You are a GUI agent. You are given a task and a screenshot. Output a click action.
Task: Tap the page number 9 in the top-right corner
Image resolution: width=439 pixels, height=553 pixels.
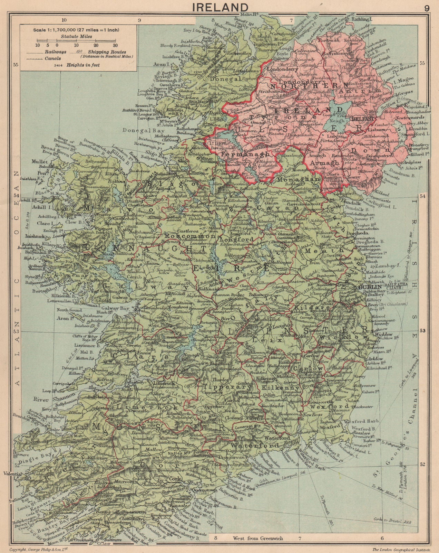(x=427, y=8)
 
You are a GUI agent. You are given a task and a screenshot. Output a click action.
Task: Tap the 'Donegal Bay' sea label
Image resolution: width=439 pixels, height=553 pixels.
(x=137, y=131)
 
